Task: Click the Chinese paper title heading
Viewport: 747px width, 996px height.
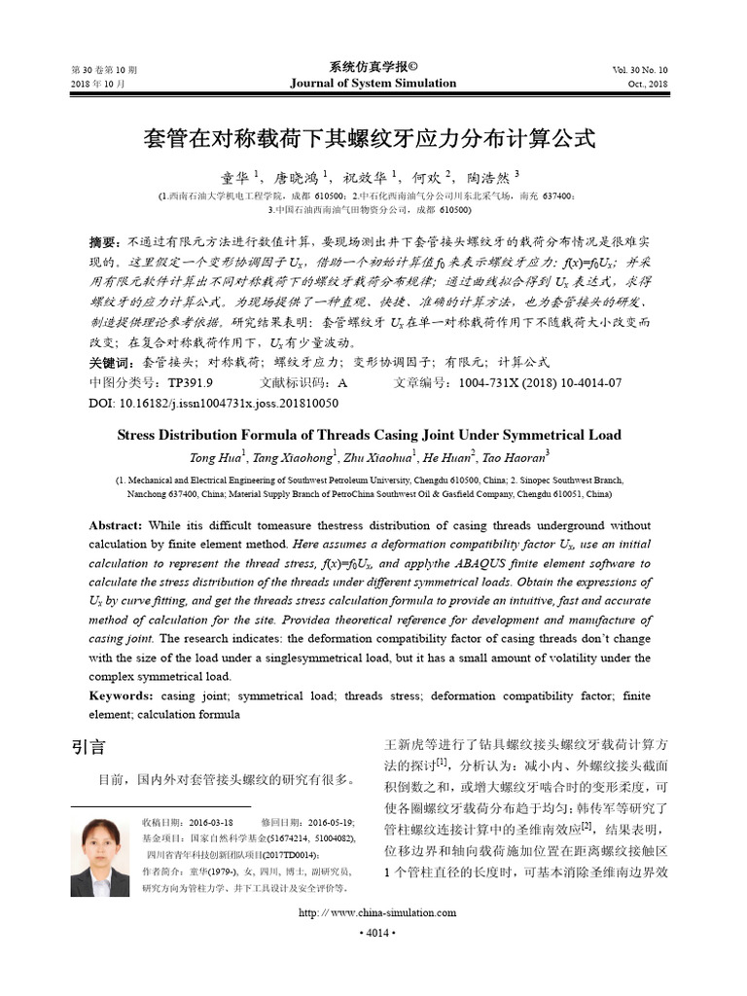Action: click(x=373, y=137)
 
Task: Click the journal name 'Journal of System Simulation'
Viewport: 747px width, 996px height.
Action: click(x=373, y=84)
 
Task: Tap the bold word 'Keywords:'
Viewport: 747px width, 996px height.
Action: click(x=120, y=695)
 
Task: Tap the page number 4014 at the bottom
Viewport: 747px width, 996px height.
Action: click(x=373, y=933)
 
